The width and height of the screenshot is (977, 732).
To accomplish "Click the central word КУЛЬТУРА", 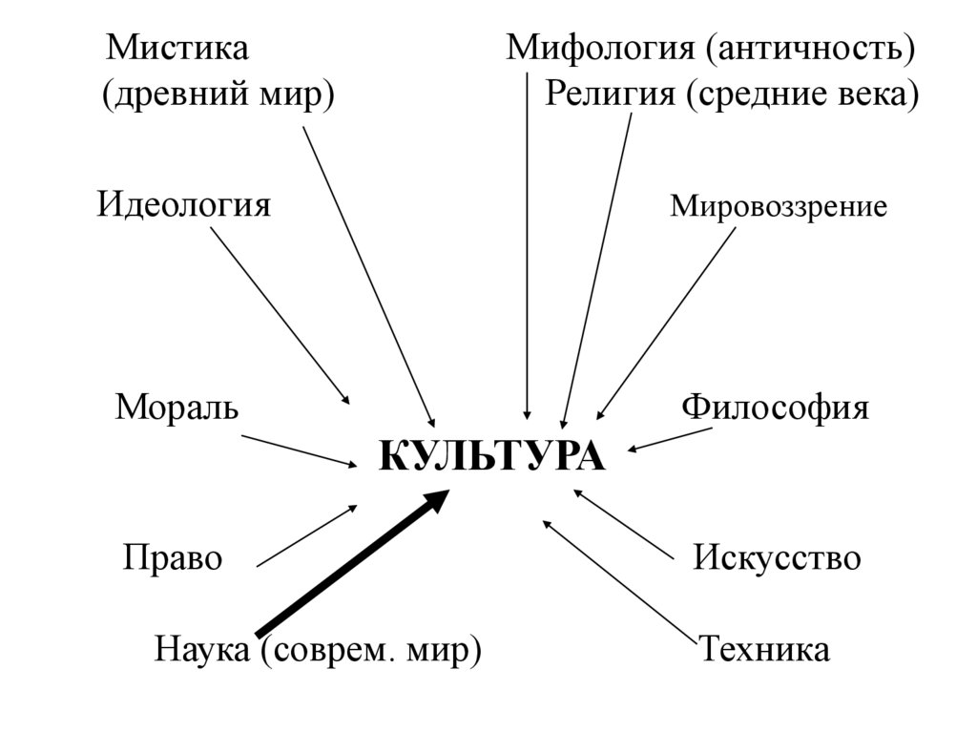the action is pyautogui.click(x=492, y=456).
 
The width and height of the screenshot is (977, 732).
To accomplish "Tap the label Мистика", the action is pyautogui.click(x=177, y=48).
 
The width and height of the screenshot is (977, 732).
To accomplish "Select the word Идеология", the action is pyautogui.click(x=184, y=205).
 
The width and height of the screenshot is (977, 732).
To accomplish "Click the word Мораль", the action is pyautogui.click(x=177, y=408).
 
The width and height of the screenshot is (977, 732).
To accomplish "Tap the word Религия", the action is pyautogui.click(x=606, y=94).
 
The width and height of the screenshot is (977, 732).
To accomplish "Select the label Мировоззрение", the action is pyautogui.click(x=778, y=206).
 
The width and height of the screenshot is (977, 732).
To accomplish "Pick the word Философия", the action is pyautogui.click(x=775, y=408).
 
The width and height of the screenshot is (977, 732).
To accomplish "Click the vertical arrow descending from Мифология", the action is pyautogui.click(x=528, y=248).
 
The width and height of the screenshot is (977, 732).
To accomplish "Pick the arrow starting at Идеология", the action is pyautogui.click(x=280, y=315).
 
